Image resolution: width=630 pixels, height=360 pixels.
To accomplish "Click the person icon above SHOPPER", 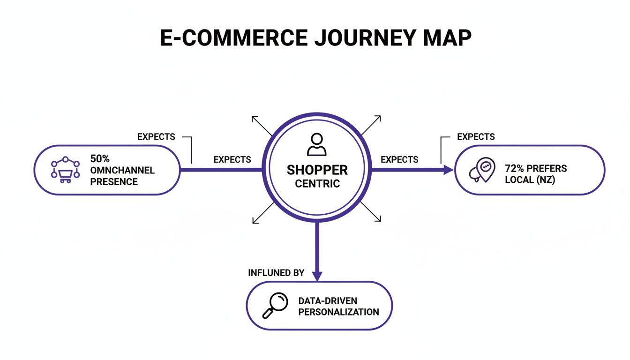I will [317, 144].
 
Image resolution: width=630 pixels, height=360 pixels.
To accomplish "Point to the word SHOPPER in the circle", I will [317, 170].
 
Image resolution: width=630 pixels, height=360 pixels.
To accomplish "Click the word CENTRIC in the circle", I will [317, 183].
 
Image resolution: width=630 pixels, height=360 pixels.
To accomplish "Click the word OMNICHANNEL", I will [122, 170].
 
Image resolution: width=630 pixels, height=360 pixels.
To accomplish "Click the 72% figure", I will [515, 168].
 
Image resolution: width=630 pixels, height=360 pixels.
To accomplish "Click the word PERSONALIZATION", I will [338, 312].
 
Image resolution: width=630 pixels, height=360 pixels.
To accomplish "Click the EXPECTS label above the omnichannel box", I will [156, 137].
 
